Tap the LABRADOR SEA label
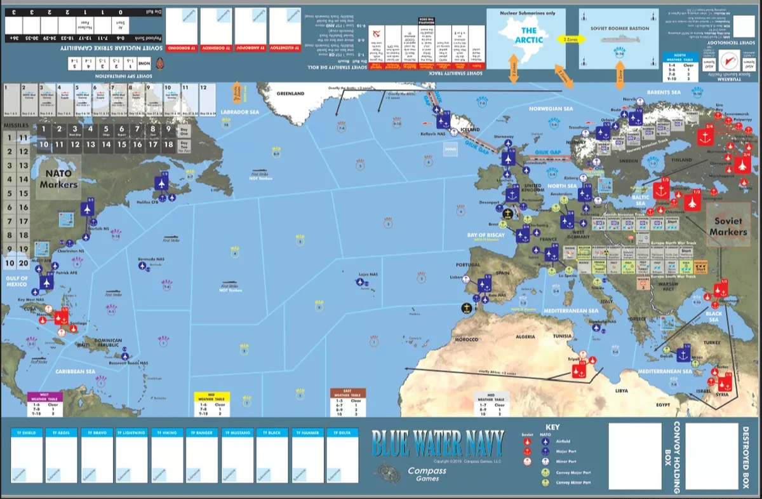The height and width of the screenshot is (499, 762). coord(241,112)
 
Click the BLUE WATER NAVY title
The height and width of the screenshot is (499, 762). coord(438,439)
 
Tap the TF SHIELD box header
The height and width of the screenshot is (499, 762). coord(27,433)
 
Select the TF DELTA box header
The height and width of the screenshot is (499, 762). coord(342,433)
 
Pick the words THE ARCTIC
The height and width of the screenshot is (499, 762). coord(528,35)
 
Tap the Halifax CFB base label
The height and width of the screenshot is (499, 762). coord(164,203)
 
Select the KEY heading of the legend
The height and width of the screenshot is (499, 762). coord(552,427)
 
